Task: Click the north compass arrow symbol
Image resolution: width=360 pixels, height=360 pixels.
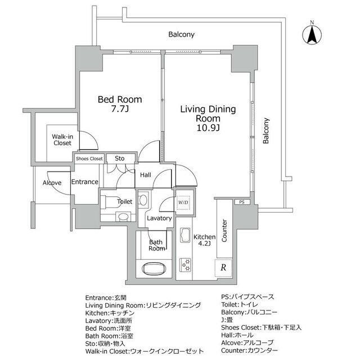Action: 312,35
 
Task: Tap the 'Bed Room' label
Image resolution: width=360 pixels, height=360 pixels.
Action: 120,100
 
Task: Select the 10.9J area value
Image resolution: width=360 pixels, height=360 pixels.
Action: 208,128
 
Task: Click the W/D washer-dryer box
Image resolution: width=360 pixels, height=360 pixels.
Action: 183,202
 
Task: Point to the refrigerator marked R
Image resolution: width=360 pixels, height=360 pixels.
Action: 223,268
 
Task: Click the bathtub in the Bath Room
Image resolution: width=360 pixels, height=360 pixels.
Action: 154,268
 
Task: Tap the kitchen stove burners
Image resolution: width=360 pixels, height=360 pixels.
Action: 185,265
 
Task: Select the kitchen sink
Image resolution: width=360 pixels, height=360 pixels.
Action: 185,235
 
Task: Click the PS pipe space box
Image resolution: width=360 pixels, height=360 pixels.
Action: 242,202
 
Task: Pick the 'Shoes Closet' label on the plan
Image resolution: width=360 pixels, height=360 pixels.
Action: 89,159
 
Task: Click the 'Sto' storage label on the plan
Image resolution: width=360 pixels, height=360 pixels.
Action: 119,158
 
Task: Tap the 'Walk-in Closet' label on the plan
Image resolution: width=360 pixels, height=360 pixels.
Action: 62,140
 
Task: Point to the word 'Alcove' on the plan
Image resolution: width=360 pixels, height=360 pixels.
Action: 52,183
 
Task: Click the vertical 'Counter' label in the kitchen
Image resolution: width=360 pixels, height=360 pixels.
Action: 224,231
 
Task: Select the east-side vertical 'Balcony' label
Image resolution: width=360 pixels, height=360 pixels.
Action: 265,130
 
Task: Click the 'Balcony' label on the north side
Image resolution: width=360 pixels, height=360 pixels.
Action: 181,34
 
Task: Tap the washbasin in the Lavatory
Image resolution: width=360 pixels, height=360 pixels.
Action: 143,200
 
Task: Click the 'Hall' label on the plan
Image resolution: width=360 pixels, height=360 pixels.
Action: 146,175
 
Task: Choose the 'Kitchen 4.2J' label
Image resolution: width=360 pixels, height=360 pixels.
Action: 204,240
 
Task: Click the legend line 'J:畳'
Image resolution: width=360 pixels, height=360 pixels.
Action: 227,320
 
